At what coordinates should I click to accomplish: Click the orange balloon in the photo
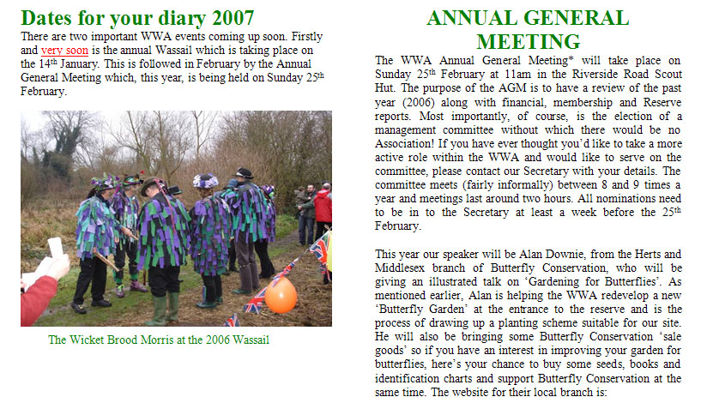click(281, 295)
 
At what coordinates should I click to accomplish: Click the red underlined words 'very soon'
click(64, 50)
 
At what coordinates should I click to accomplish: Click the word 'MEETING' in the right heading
click(528, 41)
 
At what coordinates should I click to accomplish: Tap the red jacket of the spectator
click(323, 206)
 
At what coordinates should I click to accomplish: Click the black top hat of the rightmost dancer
click(245, 173)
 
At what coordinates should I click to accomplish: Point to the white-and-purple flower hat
click(206, 181)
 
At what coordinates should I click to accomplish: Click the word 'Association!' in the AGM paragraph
click(408, 143)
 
